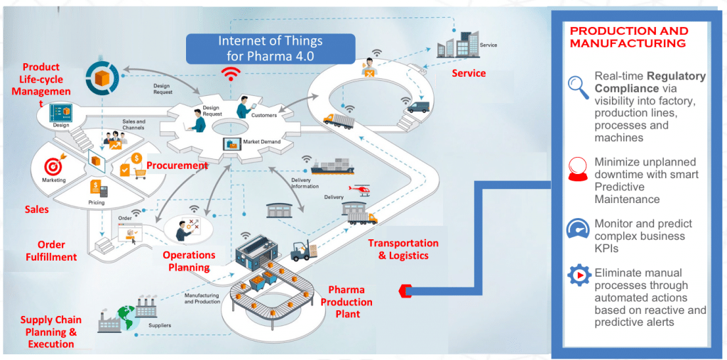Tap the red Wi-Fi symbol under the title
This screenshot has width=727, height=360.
(230, 73)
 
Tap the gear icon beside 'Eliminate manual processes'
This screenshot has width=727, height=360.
(579, 276)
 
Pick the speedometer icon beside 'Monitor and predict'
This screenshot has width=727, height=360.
(578, 229)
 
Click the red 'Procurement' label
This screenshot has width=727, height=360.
(177, 165)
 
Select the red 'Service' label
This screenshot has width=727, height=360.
(469, 73)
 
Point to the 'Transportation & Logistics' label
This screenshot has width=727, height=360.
(403, 249)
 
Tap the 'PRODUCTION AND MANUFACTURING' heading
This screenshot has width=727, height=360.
(629, 37)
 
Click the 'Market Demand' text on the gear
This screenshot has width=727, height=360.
(261, 142)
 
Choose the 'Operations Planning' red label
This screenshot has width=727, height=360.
(189, 261)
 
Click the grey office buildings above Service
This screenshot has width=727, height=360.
(457, 44)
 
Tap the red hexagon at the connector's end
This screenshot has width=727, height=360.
(405, 290)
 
